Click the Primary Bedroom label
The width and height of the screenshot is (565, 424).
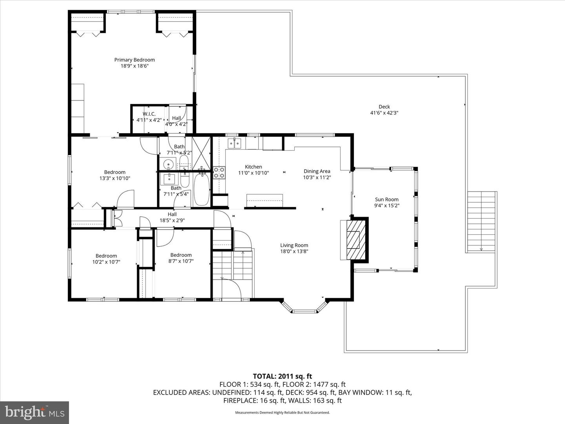(x=134, y=60)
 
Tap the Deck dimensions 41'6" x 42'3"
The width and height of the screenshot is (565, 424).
(x=384, y=113)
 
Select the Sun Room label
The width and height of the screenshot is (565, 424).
(x=386, y=199)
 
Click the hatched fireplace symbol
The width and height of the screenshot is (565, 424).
(x=354, y=239)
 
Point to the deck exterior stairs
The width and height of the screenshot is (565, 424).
(x=481, y=222)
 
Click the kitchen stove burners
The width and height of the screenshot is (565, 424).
(x=219, y=173)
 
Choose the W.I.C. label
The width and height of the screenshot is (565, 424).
(x=149, y=114)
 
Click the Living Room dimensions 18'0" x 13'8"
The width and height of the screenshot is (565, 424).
(x=294, y=252)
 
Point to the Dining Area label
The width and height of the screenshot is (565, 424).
(x=317, y=171)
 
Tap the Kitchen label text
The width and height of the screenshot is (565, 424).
(x=253, y=167)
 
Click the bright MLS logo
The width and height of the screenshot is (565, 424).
(x=35, y=412)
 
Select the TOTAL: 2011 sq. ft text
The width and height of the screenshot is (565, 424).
(x=282, y=376)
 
